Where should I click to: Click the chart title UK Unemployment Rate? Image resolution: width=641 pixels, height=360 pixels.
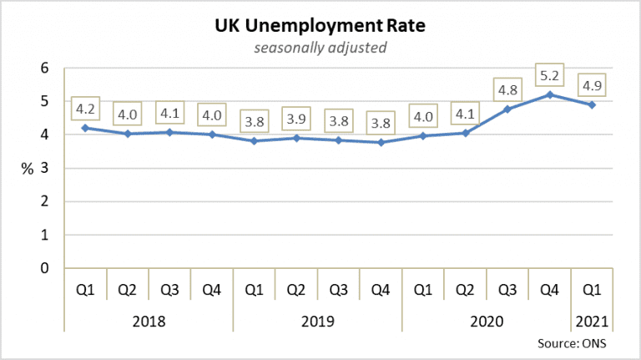pyautogui.click(x=320, y=26)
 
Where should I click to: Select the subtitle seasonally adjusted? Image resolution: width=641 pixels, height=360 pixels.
pyautogui.click(x=320, y=48)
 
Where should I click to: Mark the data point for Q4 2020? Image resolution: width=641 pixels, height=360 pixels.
pyautogui.click(x=548, y=94)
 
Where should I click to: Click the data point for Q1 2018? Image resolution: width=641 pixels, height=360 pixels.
pyautogui.click(x=85, y=128)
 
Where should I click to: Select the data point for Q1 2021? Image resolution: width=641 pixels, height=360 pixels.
pyautogui.click(x=591, y=104)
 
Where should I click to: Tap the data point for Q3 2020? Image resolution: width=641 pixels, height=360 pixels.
pyautogui.click(x=507, y=109)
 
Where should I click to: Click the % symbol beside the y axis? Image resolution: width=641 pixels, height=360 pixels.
pyautogui.click(x=28, y=168)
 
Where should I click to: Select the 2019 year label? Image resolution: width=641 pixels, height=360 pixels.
pyautogui.click(x=317, y=322)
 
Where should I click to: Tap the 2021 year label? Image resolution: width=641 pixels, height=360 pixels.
pyautogui.click(x=591, y=322)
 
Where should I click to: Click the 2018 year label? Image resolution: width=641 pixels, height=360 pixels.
pyautogui.click(x=149, y=322)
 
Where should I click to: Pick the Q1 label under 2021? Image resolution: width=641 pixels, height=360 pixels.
pyautogui.click(x=591, y=291)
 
